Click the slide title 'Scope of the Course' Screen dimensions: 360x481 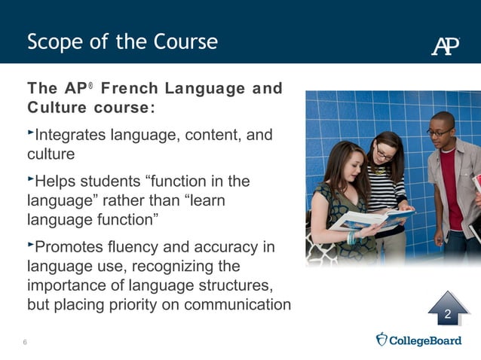(x=122, y=41)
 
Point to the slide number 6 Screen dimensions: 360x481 (x=25, y=343)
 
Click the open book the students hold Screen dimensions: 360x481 (x=369, y=219)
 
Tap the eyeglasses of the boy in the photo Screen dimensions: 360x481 (x=438, y=132)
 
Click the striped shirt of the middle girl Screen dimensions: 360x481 (x=385, y=188)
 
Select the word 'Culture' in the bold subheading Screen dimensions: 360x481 (x=57, y=107)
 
